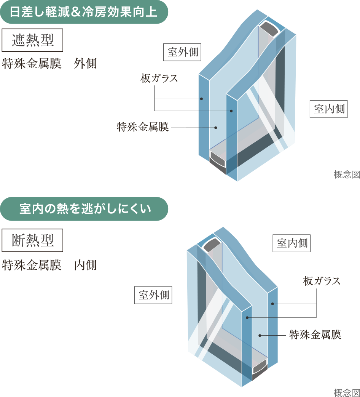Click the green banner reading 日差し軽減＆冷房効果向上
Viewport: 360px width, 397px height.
click(x=84, y=12)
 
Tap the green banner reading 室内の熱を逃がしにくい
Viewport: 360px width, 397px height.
click(x=84, y=209)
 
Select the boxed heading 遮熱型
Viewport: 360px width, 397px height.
click(x=32, y=40)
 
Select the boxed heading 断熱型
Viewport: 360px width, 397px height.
click(x=32, y=240)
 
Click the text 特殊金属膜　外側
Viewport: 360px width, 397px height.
click(x=49, y=64)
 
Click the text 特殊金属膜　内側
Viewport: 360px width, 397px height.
click(x=49, y=265)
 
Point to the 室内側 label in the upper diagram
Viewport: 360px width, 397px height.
click(x=329, y=109)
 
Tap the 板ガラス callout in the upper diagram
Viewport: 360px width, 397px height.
click(x=159, y=79)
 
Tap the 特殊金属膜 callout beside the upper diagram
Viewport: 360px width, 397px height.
click(x=143, y=127)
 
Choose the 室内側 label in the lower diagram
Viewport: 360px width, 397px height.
click(x=292, y=243)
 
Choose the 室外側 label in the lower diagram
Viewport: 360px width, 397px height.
click(x=153, y=295)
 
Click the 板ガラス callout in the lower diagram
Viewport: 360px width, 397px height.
click(x=322, y=282)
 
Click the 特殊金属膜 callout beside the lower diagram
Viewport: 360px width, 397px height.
click(x=315, y=335)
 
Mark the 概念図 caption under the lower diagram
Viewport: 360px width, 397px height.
click(x=346, y=392)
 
